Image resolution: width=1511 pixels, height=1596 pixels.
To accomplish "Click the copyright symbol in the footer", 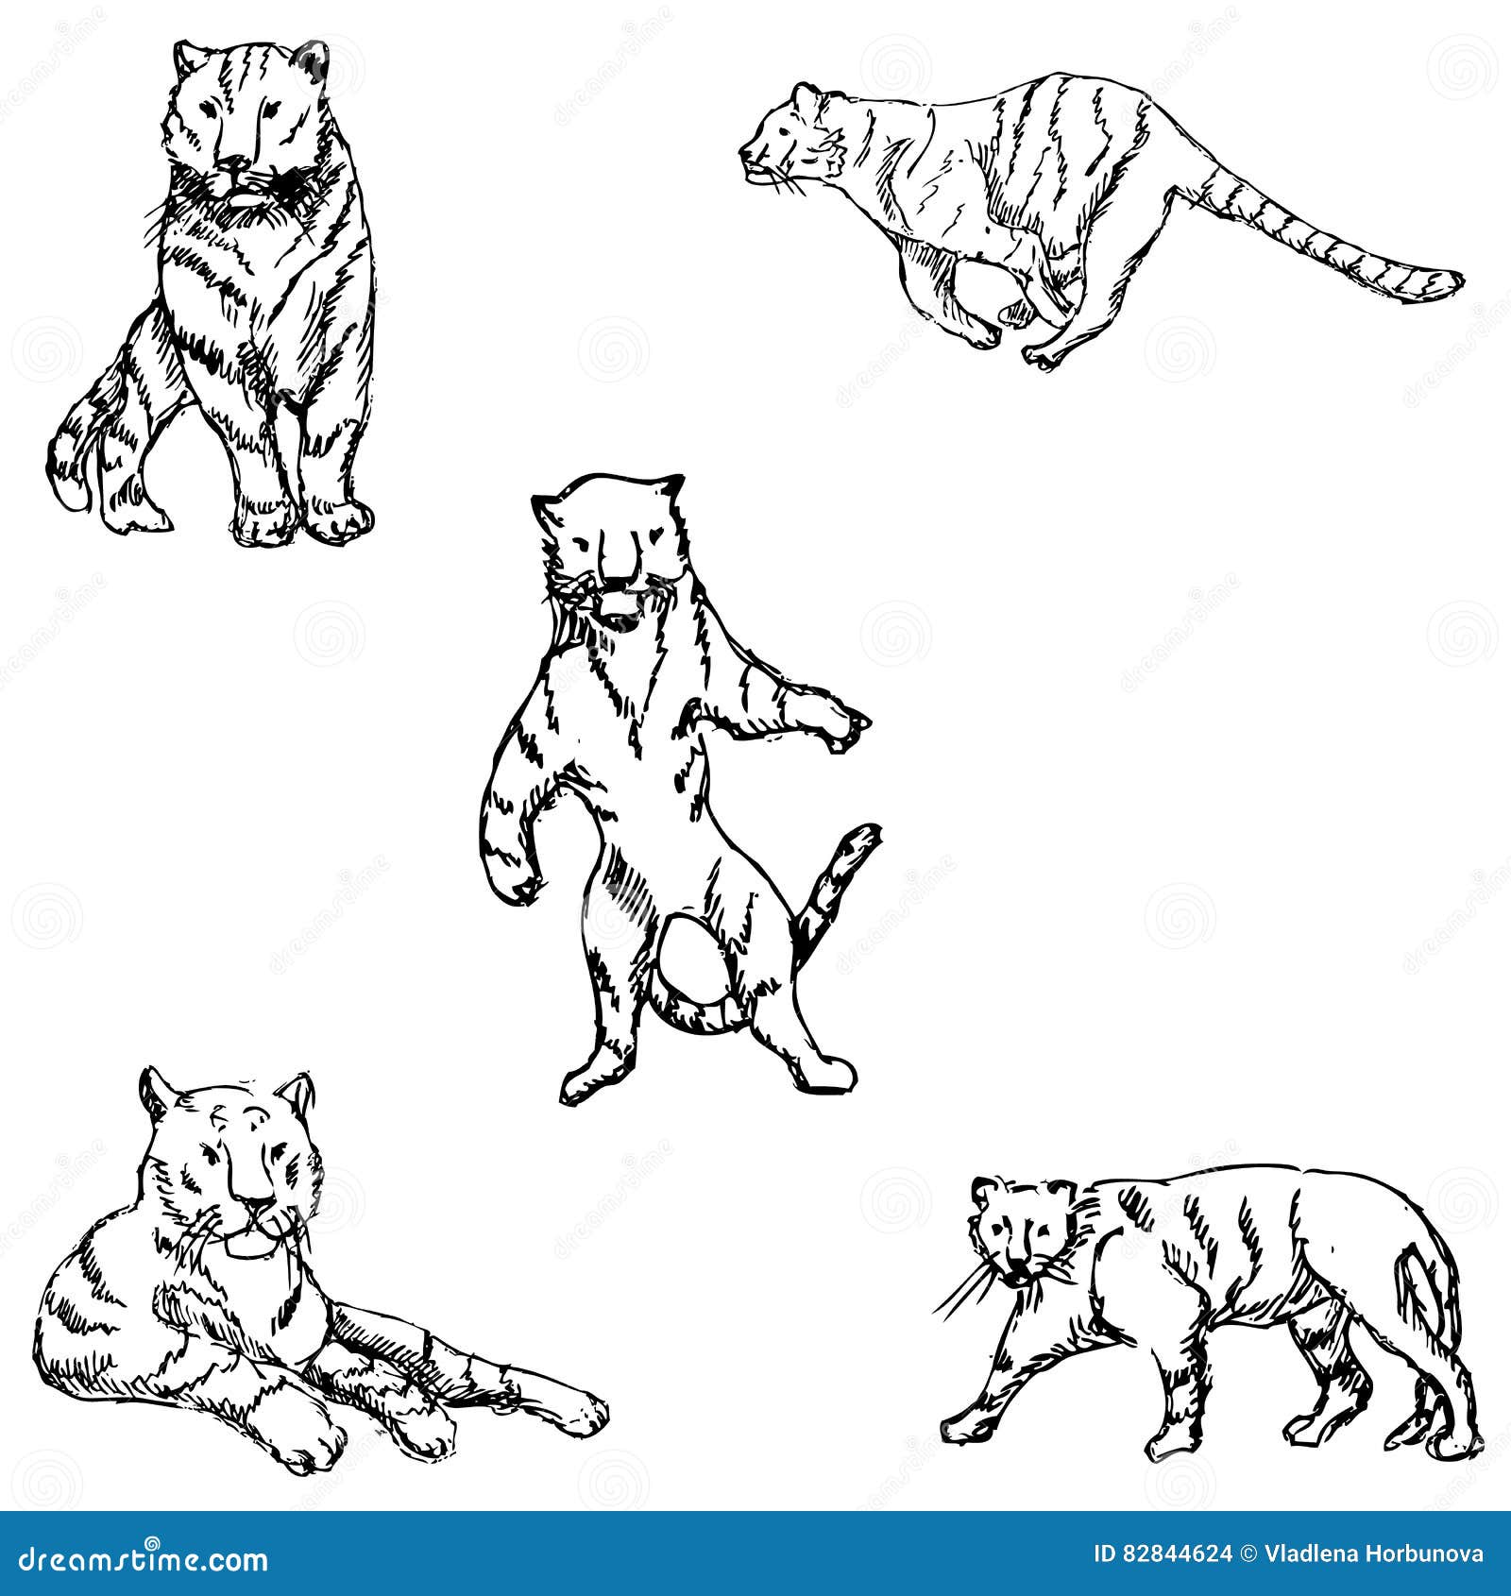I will coord(1248,1554).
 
